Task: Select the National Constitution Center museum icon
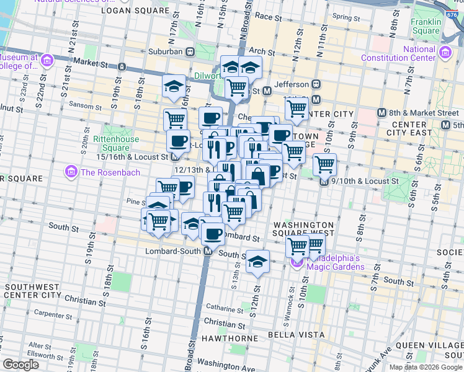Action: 445,53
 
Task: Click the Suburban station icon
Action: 192,51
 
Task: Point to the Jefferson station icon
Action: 316,84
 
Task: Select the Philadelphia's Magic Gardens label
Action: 334,262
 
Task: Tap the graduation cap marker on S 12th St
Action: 258,262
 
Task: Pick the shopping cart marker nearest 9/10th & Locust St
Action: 324,165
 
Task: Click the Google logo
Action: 20,364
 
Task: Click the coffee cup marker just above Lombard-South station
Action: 213,234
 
